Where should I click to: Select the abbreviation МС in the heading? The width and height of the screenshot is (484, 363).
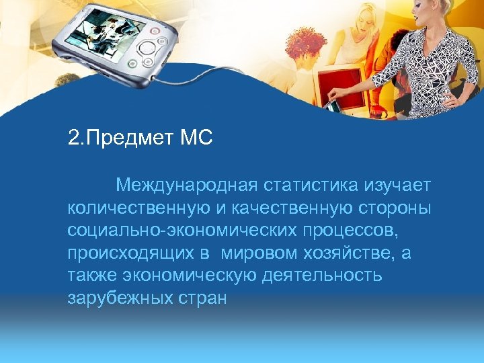(196, 139)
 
